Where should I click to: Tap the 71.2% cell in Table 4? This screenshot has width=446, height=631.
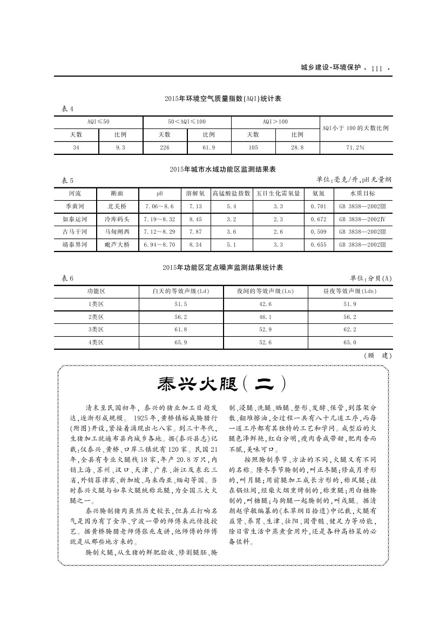[x=355, y=147]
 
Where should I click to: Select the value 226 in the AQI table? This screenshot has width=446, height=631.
[x=165, y=147]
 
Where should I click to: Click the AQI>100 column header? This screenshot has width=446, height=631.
[x=275, y=122]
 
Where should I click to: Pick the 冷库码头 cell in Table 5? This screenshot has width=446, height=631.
[x=117, y=219]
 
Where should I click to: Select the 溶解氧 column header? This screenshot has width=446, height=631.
[x=194, y=193]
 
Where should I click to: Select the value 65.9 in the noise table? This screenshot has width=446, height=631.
[x=181, y=342]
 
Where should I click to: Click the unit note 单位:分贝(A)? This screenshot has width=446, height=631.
[x=371, y=278]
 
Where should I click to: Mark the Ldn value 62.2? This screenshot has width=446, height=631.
[x=350, y=329]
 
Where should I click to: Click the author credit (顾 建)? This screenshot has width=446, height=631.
[x=378, y=356]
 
